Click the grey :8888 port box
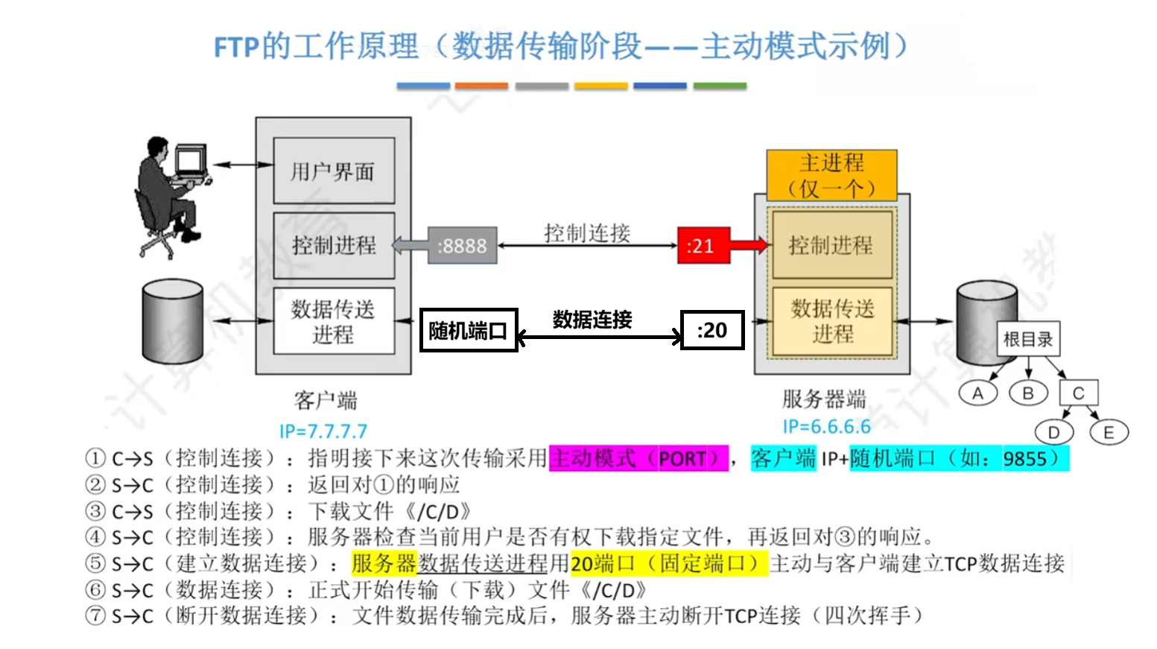[462, 246]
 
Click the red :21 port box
[703, 246]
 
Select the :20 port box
[712, 330]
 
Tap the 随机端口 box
[469, 330]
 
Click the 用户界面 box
[333, 171]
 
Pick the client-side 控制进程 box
[333, 245]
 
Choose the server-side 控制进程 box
[831, 244]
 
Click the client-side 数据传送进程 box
[333, 321]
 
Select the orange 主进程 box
[831, 175]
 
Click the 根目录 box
[1028, 340]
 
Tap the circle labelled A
[977, 393]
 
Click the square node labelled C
[1078, 393]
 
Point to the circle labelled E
[1109, 432]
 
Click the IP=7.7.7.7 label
[323, 431]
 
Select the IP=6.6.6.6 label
[826, 427]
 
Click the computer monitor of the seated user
[191, 160]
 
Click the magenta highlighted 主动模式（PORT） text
[638, 458]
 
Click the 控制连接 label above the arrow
[587, 233]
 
